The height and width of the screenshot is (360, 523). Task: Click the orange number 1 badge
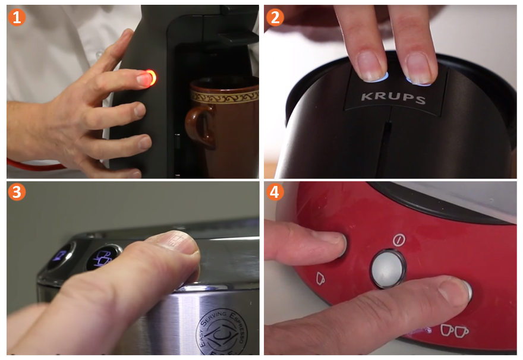pyautogui.click(x=17, y=17)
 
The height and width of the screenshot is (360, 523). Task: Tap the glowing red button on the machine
pyautogui.click(x=150, y=77)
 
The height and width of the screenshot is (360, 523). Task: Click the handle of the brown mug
pyautogui.click(x=193, y=124)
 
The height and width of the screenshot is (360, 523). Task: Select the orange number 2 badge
pyautogui.click(x=275, y=17)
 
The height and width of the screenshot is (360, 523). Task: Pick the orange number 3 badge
pyautogui.click(x=17, y=192)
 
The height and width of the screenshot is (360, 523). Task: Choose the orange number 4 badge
pyautogui.click(x=275, y=192)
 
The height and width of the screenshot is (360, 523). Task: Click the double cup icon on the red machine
pyautogui.click(x=454, y=329)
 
